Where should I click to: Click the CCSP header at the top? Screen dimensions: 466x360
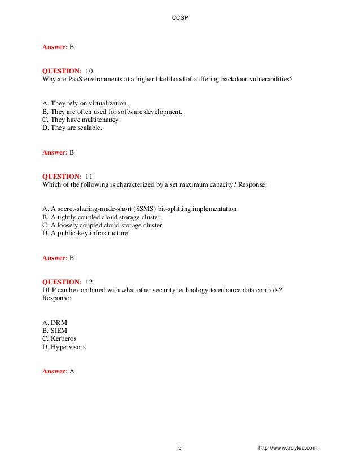tap(179, 18)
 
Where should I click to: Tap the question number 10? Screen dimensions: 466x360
tap(88, 71)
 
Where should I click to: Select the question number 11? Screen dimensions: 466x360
tap(88, 176)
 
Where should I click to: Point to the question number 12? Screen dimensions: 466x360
tap(88, 282)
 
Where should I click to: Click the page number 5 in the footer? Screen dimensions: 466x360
tap(179, 448)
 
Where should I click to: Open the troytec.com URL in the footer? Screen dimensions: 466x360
tap(287, 448)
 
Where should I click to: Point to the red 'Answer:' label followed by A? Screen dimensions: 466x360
tap(55, 371)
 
